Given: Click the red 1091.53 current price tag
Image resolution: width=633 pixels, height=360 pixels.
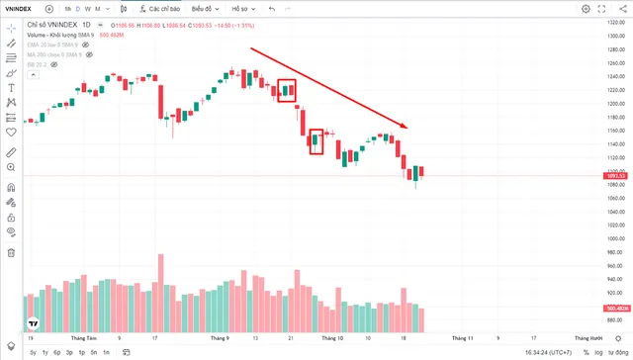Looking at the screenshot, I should pyautogui.click(x=614, y=176).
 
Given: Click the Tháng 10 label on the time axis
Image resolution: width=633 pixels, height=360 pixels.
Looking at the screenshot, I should pyautogui.click(x=333, y=337).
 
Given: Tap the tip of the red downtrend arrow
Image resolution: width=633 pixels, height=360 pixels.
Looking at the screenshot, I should pyautogui.click(x=420, y=128).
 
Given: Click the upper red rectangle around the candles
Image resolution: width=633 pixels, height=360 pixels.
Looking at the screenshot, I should pyautogui.click(x=287, y=90).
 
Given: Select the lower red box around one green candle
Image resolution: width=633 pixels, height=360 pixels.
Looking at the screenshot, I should pyautogui.click(x=316, y=141).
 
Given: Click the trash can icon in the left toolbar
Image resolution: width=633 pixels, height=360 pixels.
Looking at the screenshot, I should pyautogui.click(x=11, y=252).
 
